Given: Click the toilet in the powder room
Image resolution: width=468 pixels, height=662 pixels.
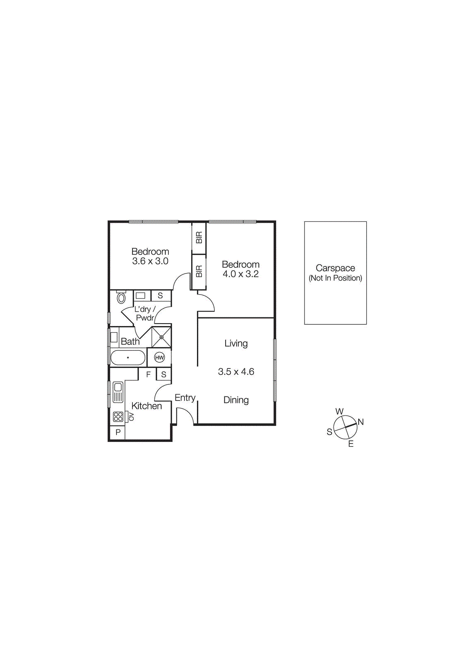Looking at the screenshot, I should tap(121, 297).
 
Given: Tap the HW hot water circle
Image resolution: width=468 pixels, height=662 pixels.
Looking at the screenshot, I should tap(159, 357).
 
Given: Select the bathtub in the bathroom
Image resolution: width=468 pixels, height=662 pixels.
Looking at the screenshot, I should tap(128, 357).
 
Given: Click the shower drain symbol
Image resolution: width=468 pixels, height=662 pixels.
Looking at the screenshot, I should tap(161, 337).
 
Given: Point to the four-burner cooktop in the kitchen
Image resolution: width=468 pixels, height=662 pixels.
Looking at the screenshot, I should tap(118, 416).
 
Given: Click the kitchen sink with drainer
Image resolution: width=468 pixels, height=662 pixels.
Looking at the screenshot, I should tap(118, 392).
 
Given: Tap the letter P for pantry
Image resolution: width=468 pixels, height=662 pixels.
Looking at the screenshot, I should tap(118, 432).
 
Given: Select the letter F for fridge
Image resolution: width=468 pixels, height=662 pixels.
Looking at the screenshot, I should tap(148, 374).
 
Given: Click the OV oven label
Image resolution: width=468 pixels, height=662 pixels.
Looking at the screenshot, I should tap(131, 416).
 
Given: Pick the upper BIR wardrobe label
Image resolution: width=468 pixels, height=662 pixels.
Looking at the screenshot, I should tap(199, 237).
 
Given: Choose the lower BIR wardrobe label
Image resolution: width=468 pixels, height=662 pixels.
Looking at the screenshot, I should tap(199, 271).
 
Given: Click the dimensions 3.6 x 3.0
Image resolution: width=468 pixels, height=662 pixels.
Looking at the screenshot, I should tap(150, 261).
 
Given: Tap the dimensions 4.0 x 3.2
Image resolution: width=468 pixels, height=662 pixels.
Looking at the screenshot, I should tap(241, 274).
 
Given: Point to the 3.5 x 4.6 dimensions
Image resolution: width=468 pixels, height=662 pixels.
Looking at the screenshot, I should tap(236, 372).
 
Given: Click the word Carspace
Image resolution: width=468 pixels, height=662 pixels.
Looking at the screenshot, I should tap(335, 268).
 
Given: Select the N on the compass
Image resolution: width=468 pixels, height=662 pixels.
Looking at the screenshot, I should tap(361, 422).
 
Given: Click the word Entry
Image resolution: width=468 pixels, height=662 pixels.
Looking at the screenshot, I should tap(185, 398).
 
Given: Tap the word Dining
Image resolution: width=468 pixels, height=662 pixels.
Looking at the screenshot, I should tap(236, 400).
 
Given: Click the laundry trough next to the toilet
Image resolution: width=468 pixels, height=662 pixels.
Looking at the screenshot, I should tap(141, 295).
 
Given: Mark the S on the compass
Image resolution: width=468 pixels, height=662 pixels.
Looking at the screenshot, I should tap(329, 432).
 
